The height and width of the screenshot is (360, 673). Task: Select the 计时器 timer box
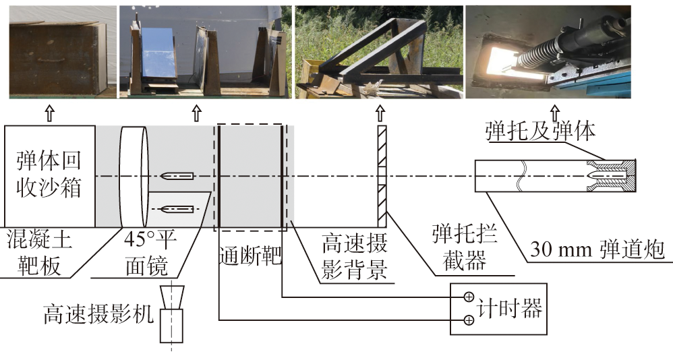(x=498, y=308)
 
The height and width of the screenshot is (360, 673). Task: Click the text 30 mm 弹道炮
(x=596, y=250)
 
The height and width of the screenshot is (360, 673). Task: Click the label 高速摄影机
(x=98, y=313)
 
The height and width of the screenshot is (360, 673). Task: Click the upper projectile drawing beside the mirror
(x=177, y=176)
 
